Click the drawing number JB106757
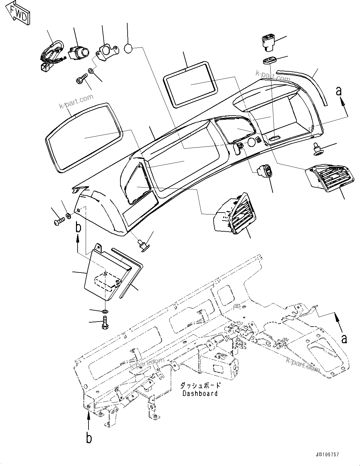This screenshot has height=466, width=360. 325,454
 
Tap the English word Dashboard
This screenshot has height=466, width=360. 200,393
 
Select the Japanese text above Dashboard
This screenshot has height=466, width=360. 200,385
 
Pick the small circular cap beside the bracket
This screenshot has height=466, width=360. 129,48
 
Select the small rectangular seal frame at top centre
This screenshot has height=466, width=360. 191,84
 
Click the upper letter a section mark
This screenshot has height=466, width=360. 338,92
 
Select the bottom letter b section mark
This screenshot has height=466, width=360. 89,438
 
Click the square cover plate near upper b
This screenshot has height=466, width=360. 106,275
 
